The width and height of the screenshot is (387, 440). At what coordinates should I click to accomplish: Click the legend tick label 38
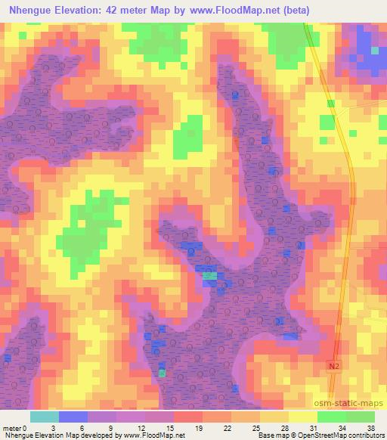click(x=372, y=427)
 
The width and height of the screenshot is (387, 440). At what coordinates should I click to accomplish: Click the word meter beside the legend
click(x=11, y=427)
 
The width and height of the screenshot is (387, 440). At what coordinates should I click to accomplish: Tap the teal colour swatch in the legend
click(x=45, y=417)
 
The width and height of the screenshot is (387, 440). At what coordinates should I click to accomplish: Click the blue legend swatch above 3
click(x=73, y=417)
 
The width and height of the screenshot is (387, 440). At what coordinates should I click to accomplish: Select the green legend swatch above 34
click(x=331, y=417)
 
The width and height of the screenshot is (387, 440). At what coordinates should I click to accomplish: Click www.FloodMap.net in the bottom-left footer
click(x=151, y=435)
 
